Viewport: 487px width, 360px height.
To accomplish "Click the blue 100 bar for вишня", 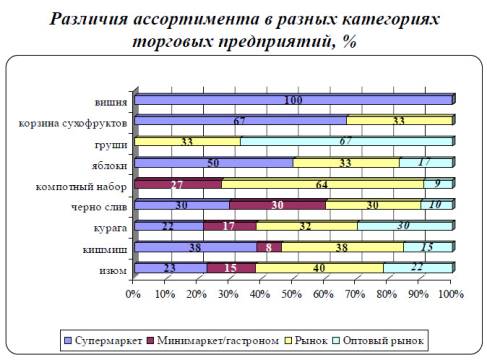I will coord(292,100).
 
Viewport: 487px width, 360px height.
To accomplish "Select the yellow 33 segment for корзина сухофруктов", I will coord(399,121).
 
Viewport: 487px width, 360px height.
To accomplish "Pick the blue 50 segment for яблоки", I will coord(213,163).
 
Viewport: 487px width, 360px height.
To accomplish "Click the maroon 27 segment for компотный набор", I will coord(177,184).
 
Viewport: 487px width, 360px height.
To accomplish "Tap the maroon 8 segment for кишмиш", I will coord(267,247).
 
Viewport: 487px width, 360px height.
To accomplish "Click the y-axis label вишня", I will coord(110,101).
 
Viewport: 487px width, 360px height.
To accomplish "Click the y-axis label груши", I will coord(110,143).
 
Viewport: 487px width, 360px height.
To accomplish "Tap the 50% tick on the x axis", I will coord(292,295).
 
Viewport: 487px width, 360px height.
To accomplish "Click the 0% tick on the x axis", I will coord(134,295).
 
